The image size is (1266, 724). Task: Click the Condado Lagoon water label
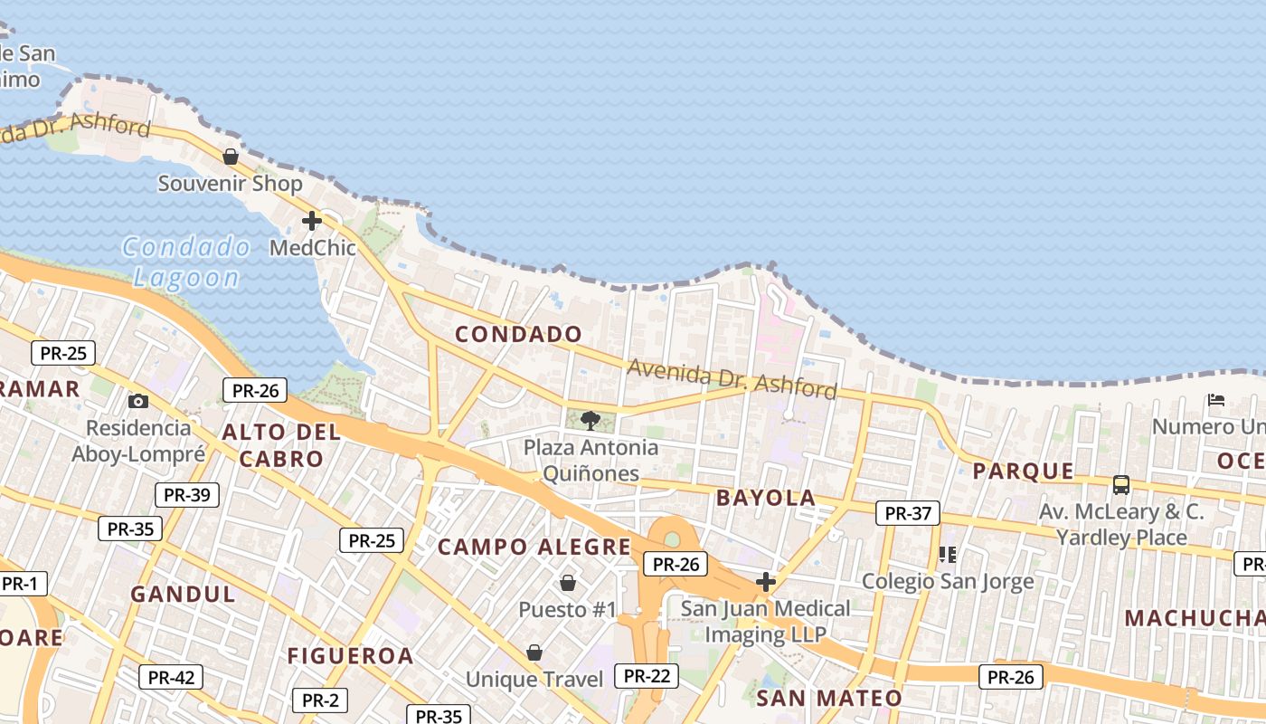pyautogui.click(x=187, y=262)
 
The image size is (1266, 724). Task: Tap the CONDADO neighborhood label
pyautogui.click(x=519, y=334)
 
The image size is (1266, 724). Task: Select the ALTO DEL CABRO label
pyautogui.click(x=281, y=444)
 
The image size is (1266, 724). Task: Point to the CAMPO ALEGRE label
pyautogui.click(x=534, y=547)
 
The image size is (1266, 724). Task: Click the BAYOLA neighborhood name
pyautogui.click(x=766, y=498)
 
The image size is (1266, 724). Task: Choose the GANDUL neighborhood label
pyautogui.click(x=184, y=595)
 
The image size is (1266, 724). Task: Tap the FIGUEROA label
pyautogui.click(x=351, y=656)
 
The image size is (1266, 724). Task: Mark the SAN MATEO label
pyautogui.click(x=829, y=698)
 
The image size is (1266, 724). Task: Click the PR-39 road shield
pyautogui.click(x=187, y=495)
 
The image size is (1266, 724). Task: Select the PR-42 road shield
pyautogui.click(x=171, y=677)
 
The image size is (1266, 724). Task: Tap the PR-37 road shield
pyautogui.click(x=908, y=513)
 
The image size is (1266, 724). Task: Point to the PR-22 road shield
pyautogui.click(x=647, y=675)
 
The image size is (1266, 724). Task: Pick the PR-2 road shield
pyautogui.click(x=320, y=700)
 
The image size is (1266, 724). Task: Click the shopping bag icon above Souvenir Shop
pyautogui.click(x=231, y=157)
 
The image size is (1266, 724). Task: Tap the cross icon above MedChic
pyautogui.click(x=312, y=221)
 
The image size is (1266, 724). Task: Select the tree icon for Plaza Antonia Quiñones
pyautogui.click(x=590, y=420)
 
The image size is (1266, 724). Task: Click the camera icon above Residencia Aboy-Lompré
pyautogui.click(x=138, y=401)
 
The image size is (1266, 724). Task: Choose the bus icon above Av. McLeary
pyautogui.click(x=1121, y=485)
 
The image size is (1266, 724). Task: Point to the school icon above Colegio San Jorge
pyautogui.click(x=947, y=554)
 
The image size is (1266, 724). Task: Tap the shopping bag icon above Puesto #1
pyautogui.click(x=568, y=583)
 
